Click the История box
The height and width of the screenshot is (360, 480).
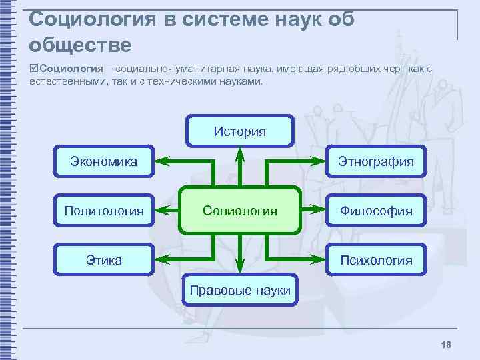click(240, 131)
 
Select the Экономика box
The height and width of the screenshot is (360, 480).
click(104, 161)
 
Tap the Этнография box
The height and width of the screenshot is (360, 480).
click(376, 161)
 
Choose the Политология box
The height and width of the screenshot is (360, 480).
click(104, 211)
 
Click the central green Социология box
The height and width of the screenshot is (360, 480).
click(240, 211)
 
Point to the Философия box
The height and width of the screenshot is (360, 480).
click(376, 211)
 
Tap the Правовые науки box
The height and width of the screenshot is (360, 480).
click(240, 290)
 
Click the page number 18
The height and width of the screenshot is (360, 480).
click(446, 344)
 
